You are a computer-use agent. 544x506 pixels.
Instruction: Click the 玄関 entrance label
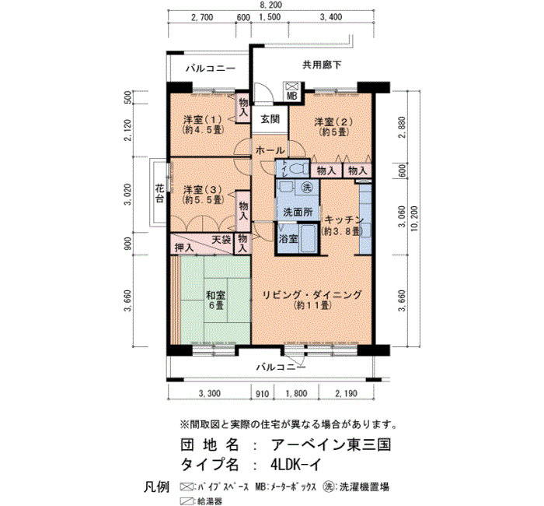[270, 120]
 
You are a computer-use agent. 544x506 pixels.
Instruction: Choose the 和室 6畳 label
[216, 300]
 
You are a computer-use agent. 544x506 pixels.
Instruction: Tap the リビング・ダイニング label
[312, 295]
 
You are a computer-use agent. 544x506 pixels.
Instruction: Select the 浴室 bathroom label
[288, 239]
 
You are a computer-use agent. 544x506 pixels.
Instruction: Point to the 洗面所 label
[298, 212]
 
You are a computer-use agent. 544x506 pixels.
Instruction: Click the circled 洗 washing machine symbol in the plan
[307, 188]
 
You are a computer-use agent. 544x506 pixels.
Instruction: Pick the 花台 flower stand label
[159, 194]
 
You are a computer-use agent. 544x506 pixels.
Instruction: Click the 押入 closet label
[184, 248]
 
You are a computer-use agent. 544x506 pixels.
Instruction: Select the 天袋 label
[221, 240]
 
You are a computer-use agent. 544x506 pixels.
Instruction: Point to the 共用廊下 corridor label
[322, 65]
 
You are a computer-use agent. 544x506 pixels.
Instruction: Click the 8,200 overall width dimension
[271, 5]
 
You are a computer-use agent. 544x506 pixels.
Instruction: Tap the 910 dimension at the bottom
[263, 394]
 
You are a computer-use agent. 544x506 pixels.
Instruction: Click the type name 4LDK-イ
[296, 464]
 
